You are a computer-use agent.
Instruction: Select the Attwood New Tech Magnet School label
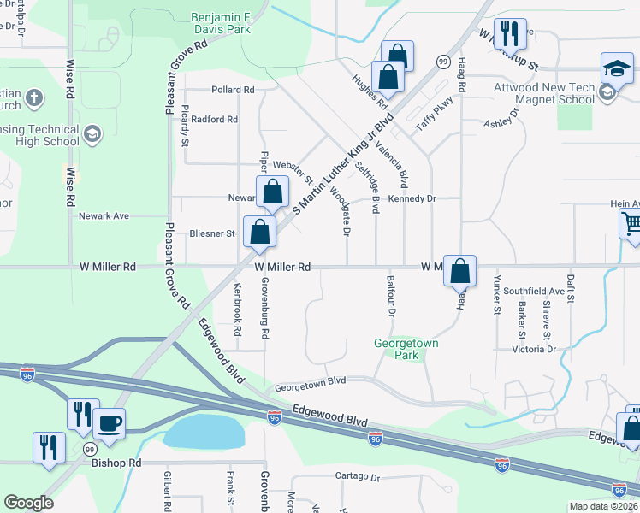(x=543, y=93)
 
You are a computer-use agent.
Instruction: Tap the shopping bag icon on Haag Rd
(x=459, y=271)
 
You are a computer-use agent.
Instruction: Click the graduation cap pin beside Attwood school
(x=617, y=68)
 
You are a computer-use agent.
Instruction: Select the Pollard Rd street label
(x=233, y=90)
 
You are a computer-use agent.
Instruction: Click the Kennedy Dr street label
(x=412, y=198)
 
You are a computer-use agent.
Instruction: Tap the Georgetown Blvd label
(x=309, y=387)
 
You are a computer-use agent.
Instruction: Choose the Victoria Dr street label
(x=534, y=349)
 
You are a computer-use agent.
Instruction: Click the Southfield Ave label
(x=534, y=292)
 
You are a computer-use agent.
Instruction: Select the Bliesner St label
(x=211, y=233)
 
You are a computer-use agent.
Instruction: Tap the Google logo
(x=29, y=503)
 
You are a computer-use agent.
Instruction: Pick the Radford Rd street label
(x=214, y=119)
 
